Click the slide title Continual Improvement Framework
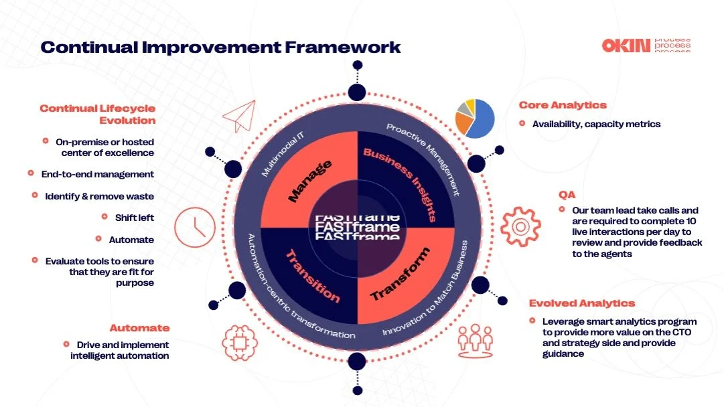click(220, 47)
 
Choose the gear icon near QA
click(520, 225)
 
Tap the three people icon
click(475, 340)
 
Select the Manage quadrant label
click(309, 181)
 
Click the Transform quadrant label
click(400, 274)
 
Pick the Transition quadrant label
click(313, 276)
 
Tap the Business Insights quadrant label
click(400, 184)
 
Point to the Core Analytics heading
click(563, 105)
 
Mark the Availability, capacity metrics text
click(596, 124)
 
